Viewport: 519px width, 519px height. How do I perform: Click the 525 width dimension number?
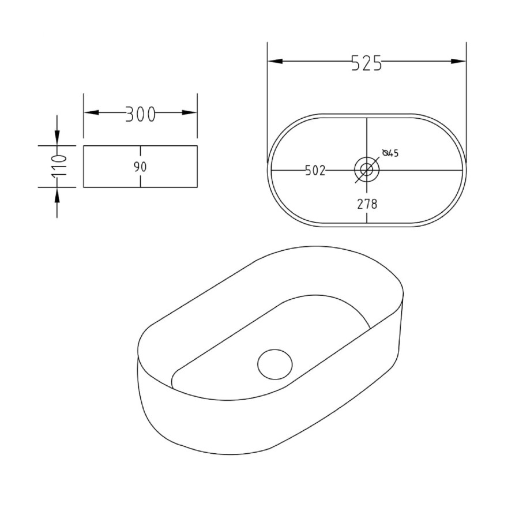pyautogui.click(x=366, y=63)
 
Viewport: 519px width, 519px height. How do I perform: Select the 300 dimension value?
pyautogui.click(x=140, y=115)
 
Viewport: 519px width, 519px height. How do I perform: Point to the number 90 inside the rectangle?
pyautogui.click(x=140, y=167)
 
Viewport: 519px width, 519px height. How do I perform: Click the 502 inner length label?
pyautogui.click(x=315, y=171)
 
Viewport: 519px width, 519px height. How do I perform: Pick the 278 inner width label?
pyautogui.click(x=367, y=204)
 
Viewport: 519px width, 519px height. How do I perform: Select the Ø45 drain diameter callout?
pyautogui.click(x=390, y=153)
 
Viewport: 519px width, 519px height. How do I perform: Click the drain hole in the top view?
pyautogui.click(x=367, y=170)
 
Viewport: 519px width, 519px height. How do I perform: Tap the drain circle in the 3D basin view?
pyautogui.click(x=274, y=364)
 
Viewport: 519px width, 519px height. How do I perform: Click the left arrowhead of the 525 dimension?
pyautogui.click(x=275, y=61)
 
